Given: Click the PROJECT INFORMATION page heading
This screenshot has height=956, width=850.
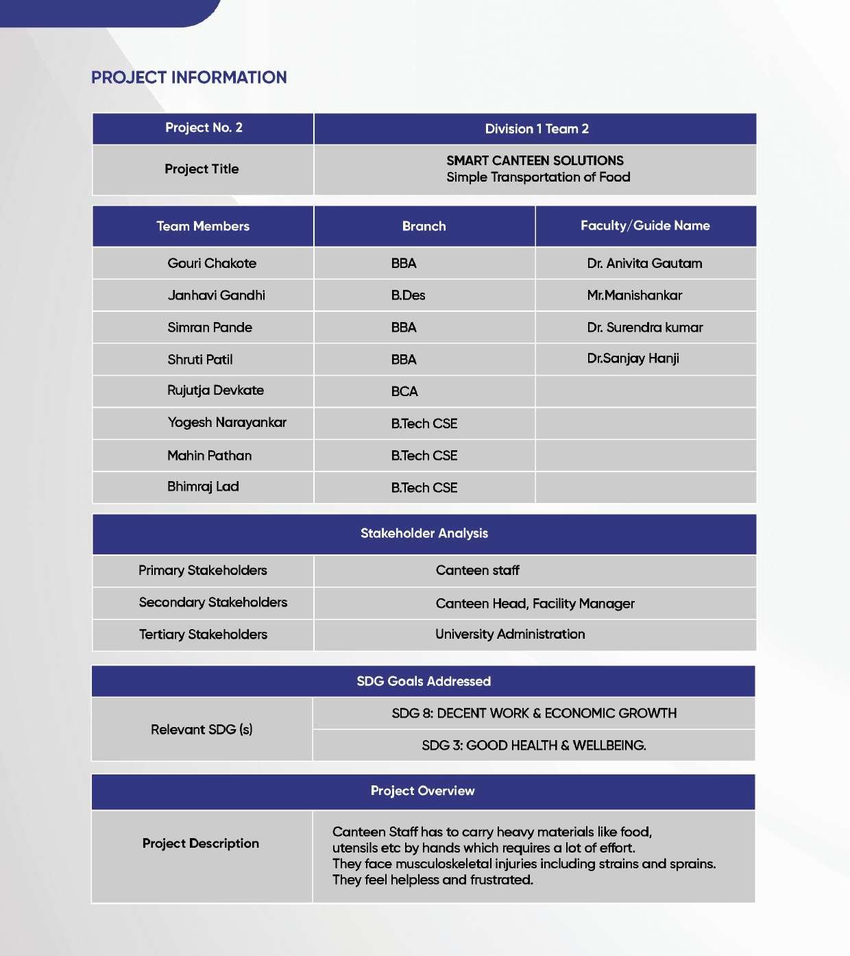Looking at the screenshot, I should tap(189, 77).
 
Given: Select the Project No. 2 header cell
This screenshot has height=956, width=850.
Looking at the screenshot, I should tap(204, 128).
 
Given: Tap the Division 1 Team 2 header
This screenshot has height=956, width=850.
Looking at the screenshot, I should tap(536, 129).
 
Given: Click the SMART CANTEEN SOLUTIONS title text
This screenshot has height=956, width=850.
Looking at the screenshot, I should tap(535, 161).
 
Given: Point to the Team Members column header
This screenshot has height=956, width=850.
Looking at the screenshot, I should tap(203, 226).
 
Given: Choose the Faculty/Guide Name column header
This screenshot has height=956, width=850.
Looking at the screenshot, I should tap(644, 225).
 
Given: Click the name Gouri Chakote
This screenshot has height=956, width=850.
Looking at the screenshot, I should tap(212, 263).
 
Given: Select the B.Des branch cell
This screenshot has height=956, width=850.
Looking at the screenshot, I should tap(408, 295).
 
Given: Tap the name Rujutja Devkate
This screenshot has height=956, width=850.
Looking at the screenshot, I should tap(215, 391).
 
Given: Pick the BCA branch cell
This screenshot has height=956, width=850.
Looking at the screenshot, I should tap(404, 391).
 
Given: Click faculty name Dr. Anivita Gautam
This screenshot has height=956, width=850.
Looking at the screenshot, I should tap(644, 263).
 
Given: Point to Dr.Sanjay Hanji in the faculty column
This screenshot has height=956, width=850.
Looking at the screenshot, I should tap(633, 358).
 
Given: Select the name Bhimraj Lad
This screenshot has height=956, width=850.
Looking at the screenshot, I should tap(203, 487).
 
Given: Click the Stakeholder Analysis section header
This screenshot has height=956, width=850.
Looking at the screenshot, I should tap(424, 533).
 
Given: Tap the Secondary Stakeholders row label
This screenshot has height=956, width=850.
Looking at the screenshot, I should tap(212, 602).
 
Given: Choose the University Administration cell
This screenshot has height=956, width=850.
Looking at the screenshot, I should tap(510, 634).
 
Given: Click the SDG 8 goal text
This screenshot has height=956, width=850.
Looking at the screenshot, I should tap(534, 713).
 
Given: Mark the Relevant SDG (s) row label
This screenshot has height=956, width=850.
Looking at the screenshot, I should tap(202, 729).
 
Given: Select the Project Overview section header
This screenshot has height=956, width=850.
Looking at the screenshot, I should tap(422, 791).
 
